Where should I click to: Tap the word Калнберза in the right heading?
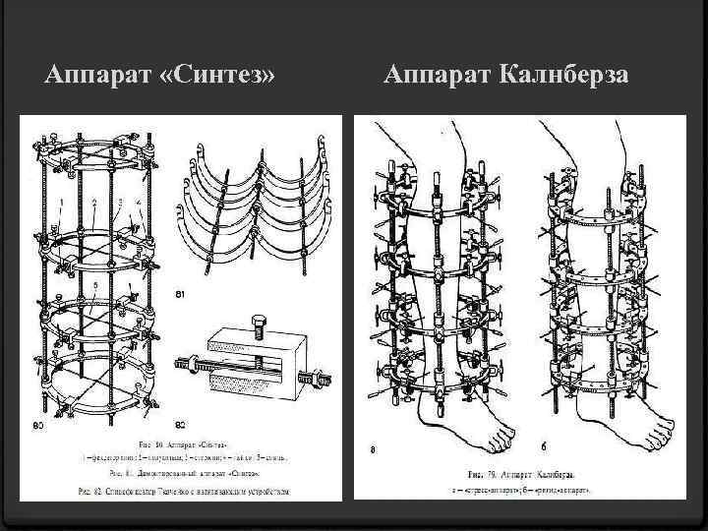[568, 75]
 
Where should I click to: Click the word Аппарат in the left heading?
[95, 75]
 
